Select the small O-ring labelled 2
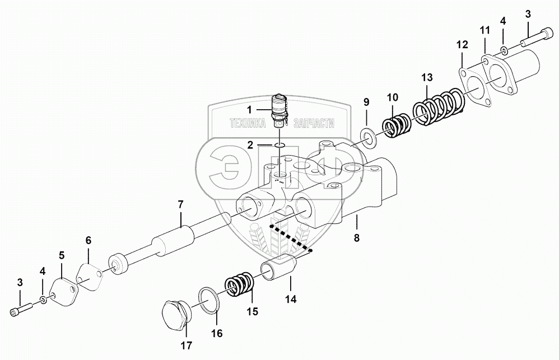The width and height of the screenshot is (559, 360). [279, 147]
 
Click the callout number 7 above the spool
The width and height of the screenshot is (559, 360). [180, 205]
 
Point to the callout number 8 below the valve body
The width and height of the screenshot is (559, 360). [356, 237]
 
